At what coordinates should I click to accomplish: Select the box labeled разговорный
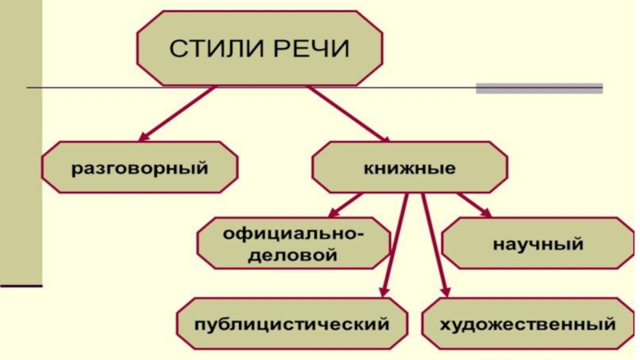pos(140,169)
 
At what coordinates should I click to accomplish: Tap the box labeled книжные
pos(409,169)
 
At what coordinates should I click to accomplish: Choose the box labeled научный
pos(538,243)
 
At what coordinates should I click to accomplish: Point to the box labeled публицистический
pos(293,324)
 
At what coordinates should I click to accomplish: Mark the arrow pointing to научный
pos(472,203)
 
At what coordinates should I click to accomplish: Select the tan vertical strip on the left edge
pos(21,144)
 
